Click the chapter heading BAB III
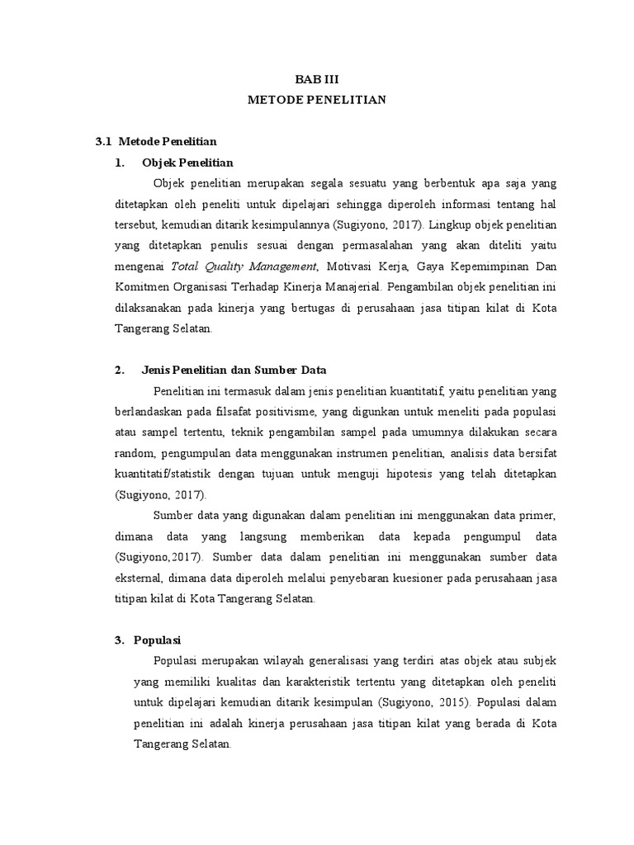[318, 79]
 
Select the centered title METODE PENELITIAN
[318, 100]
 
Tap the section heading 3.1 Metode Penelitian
[156, 142]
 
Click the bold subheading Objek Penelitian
[187, 163]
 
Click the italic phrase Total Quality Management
[244, 266]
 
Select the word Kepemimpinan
[494, 266]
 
